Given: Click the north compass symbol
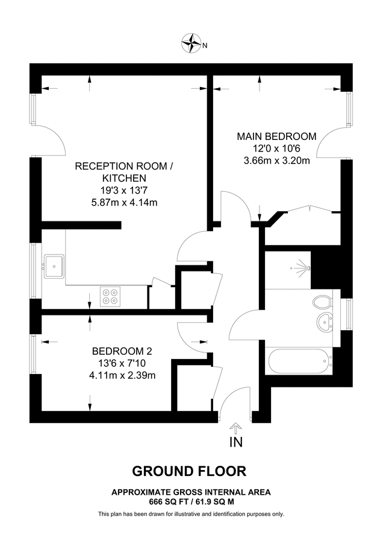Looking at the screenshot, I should tap(191, 43).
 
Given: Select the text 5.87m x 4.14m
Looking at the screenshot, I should tap(122, 202).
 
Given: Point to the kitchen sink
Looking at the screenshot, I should tap(55, 265).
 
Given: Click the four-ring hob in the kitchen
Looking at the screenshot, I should tap(110, 296).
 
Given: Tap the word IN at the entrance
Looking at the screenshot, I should tap(236, 444).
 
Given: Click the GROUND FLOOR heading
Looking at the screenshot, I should tap(189, 471).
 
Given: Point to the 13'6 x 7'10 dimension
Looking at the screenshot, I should tap(122, 363).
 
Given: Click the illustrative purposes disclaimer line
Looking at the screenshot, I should tap(191, 514).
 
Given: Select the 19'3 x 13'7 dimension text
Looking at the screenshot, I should tap(122, 190).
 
